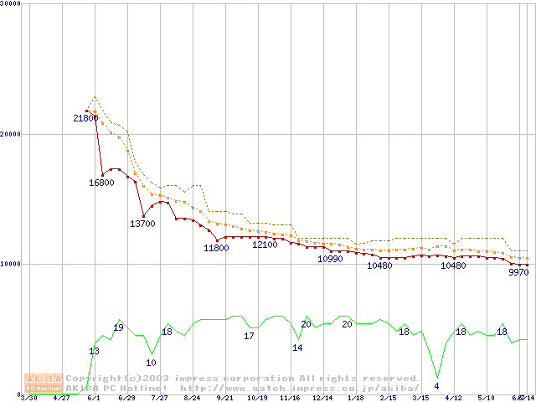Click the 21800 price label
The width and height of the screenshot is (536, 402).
pyautogui.click(x=85, y=118)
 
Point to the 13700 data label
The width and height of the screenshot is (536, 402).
pyautogui.click(x=142, y=224)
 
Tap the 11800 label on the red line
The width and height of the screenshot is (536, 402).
pyautogui.click(x=216, y=248)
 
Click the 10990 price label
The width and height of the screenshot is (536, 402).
pyautogui.click(x=330, y=259)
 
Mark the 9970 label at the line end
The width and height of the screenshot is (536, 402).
pyautogui.click(x=518, y=272)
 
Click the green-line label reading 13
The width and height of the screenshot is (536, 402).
pyautogui.click(x=94, y=351)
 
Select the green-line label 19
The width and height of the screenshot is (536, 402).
pyautogui.click(x=118, y=327)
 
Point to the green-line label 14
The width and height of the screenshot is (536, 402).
pyautogui.click(x=297, y=347)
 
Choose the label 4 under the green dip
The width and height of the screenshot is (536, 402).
pyautogui.click(x=436, y=386)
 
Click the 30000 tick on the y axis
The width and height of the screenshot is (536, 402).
pyautogui.click(x=10, y=3)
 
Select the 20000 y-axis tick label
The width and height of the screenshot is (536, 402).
pyautogui.click(x=10, y=134)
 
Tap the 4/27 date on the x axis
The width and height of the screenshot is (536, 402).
pyautogui.click(x=61, y=398)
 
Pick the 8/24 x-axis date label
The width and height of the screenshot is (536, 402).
pyautogui.click(x=192, y=398)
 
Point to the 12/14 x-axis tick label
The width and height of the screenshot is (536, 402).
pyautogui.click(x=322, y=398)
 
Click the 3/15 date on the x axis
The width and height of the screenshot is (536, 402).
pyautogui.click(x=420, y=398)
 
